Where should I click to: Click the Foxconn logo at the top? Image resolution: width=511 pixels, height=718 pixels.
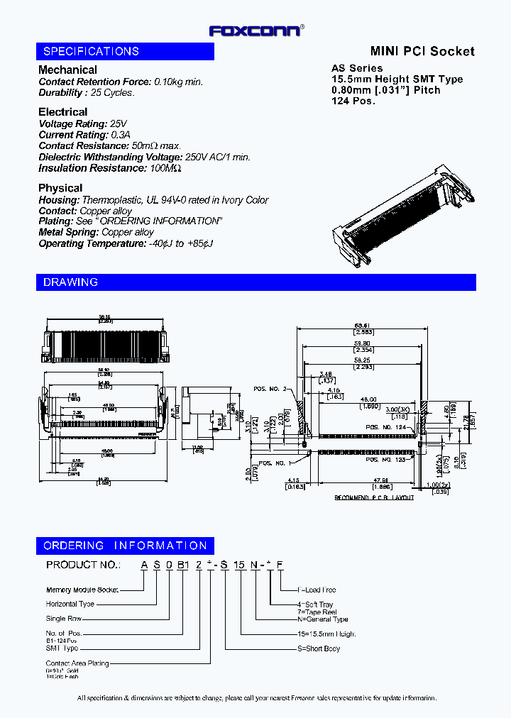(x=255, y=31)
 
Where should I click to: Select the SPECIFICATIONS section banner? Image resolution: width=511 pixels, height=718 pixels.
(x=125, y=52)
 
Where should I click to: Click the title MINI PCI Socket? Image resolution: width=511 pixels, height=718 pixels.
(x=422, y=51)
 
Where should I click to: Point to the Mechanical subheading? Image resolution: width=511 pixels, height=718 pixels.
(x=67, y=70)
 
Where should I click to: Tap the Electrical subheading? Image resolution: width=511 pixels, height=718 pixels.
(x=62, y=111)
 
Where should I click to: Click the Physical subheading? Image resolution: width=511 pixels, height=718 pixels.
(x=60, y=187)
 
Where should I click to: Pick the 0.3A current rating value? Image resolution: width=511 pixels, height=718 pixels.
(x=119, y=135)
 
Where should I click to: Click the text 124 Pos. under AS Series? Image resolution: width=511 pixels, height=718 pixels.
(x=353, y=101)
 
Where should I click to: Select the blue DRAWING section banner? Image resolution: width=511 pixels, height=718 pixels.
(x=255, y=282)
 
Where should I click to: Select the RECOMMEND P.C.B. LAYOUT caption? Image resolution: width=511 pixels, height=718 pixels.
(x=374, y=498)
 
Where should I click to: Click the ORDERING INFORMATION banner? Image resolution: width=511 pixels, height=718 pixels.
(x=125, y=546)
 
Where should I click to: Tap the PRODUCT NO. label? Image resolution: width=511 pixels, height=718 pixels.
(x=82, y=565)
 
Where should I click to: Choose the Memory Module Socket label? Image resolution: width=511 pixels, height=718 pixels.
(x=82, y=590)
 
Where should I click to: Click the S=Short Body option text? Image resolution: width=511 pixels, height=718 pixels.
(x=319, y=648)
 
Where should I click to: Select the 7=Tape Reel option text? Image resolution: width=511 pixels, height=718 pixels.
(x=317, y=612)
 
